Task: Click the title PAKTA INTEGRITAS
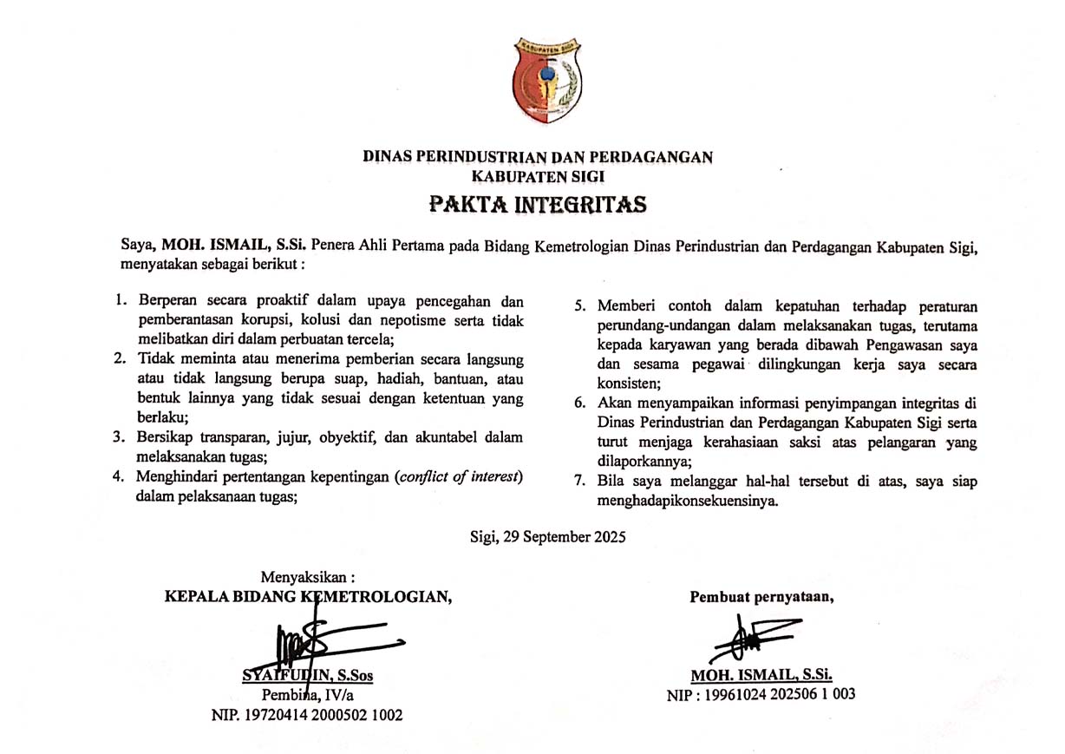pos(538,206)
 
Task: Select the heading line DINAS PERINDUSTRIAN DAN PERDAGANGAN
pos(538,157)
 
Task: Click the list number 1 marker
pos(121,302)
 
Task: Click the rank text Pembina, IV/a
pos(309,695)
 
